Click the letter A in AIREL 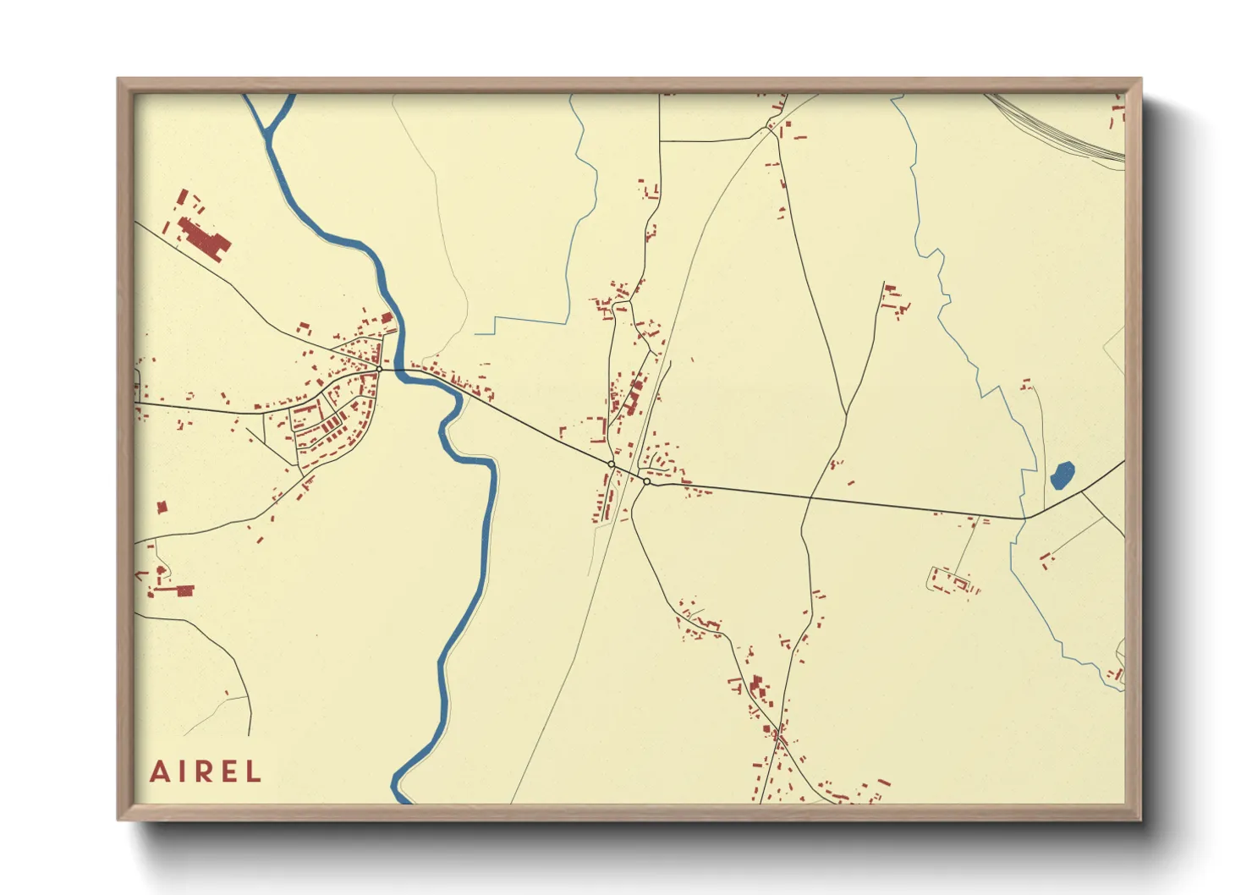[160, 771]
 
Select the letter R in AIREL [205, 771]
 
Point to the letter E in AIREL [229, 771]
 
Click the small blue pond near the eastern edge [1062, 475]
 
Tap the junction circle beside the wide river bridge [380, 369]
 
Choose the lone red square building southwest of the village [162, 508]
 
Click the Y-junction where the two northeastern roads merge [846, 415]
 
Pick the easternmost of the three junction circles [646, 481]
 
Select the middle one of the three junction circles [611, 464]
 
